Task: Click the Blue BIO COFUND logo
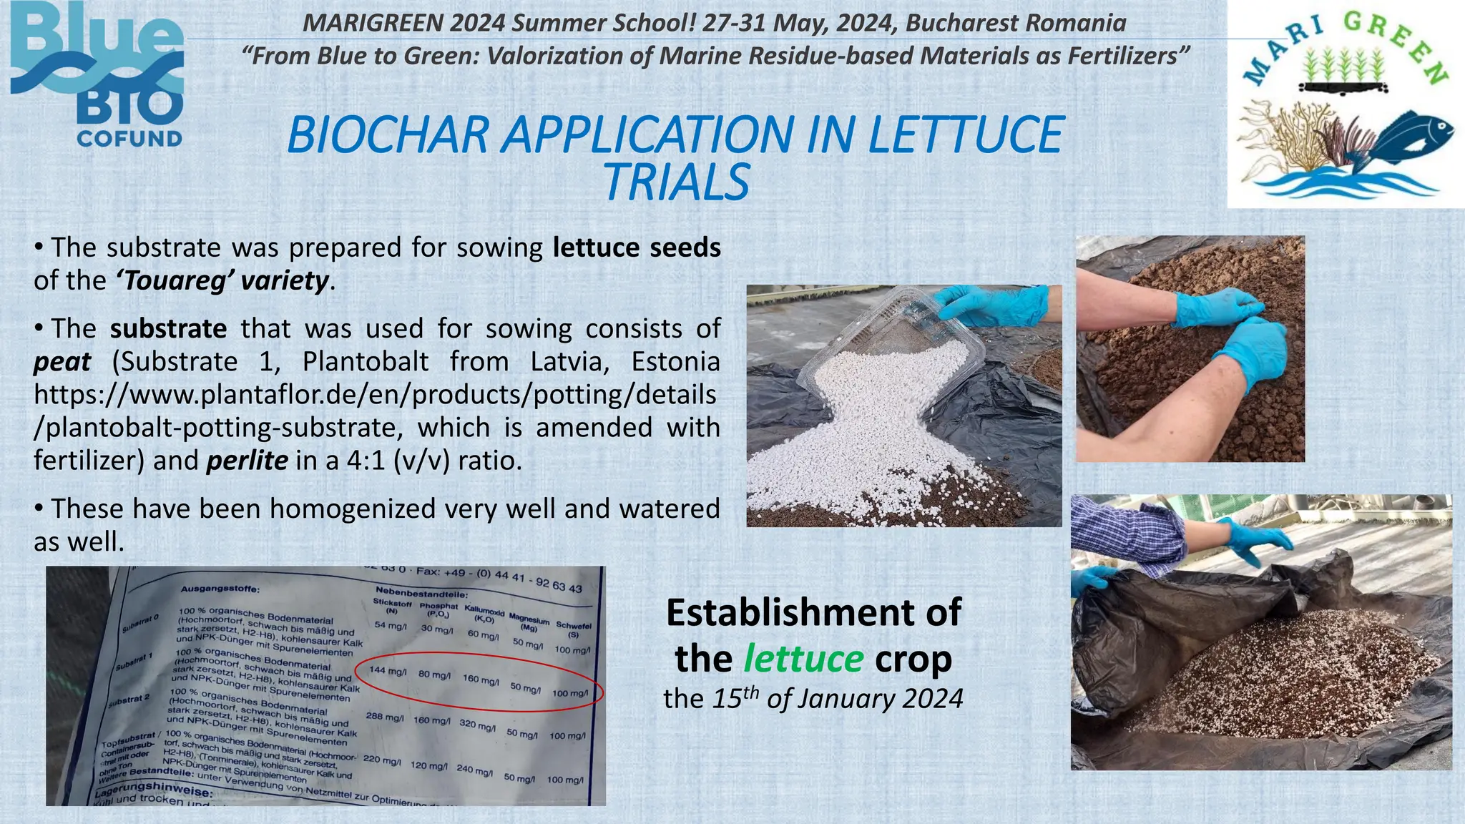pos(97,74)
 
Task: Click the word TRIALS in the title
pos(677,183)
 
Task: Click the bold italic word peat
pos(62,361)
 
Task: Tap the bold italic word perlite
pos(247,460)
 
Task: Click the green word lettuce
pos(803,658)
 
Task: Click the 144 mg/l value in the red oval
pos(387,671)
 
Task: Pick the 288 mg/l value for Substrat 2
pos(384,716)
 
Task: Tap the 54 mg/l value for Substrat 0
pos(390,626)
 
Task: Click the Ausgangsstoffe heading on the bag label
pos(220,589)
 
